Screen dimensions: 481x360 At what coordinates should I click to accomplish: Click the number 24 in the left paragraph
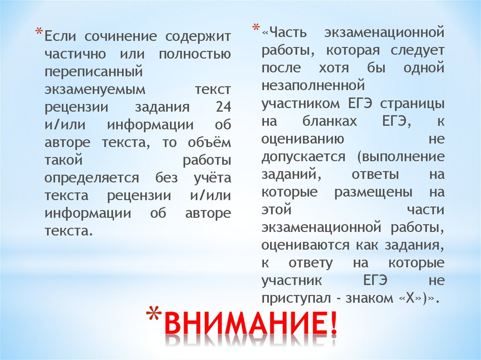223,107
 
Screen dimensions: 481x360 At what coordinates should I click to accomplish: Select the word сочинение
121,37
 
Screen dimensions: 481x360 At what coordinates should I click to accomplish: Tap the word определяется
92,178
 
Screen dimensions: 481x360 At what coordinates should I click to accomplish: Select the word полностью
195,54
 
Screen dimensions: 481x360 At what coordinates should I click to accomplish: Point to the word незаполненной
313,85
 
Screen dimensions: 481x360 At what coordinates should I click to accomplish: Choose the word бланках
330,121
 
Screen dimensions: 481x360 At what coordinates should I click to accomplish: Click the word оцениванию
303,139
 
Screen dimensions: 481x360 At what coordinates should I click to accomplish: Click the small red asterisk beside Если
39,31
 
